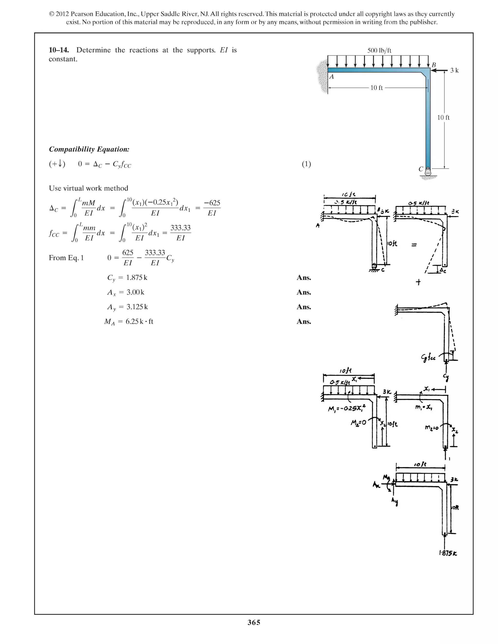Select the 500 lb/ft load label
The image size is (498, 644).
379,50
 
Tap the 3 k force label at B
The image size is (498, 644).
454,70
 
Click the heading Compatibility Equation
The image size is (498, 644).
89,149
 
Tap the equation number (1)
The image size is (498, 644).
306,164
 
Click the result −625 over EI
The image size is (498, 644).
212,208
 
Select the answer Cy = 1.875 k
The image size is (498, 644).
127,278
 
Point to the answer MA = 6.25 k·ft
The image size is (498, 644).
129,322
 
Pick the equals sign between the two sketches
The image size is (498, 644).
414,245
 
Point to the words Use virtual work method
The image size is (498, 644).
89,188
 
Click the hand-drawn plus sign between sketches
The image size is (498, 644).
418,282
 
